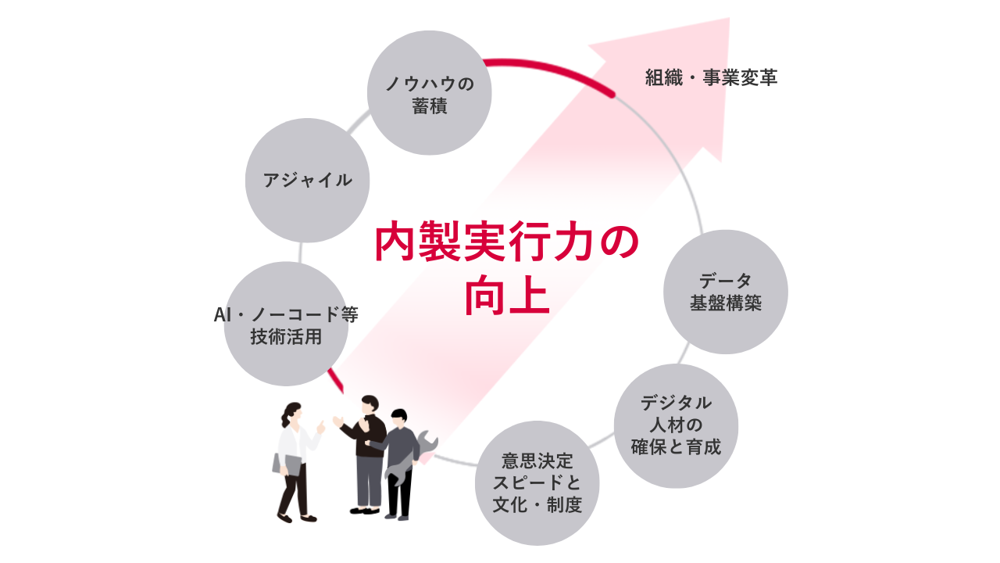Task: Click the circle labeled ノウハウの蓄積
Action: [x=429, y=93]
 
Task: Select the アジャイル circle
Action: [x=307, y=180]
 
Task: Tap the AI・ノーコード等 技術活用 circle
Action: [x=286, y=324]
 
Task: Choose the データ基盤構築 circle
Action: [x=725, y=292]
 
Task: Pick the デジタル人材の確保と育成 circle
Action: [x=676, y=426]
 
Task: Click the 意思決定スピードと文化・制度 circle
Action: [x=537, y=483]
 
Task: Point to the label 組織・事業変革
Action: [x=711, y=78]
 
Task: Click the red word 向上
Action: [x=507, y=296]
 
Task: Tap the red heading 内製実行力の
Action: [x=506, y=242]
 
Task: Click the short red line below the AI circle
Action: [x=336, y=382]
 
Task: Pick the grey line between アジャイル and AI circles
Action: [x=301, y=252]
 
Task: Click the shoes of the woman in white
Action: [x=296, y=518]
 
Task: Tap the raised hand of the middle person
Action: [x=338, y=421]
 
